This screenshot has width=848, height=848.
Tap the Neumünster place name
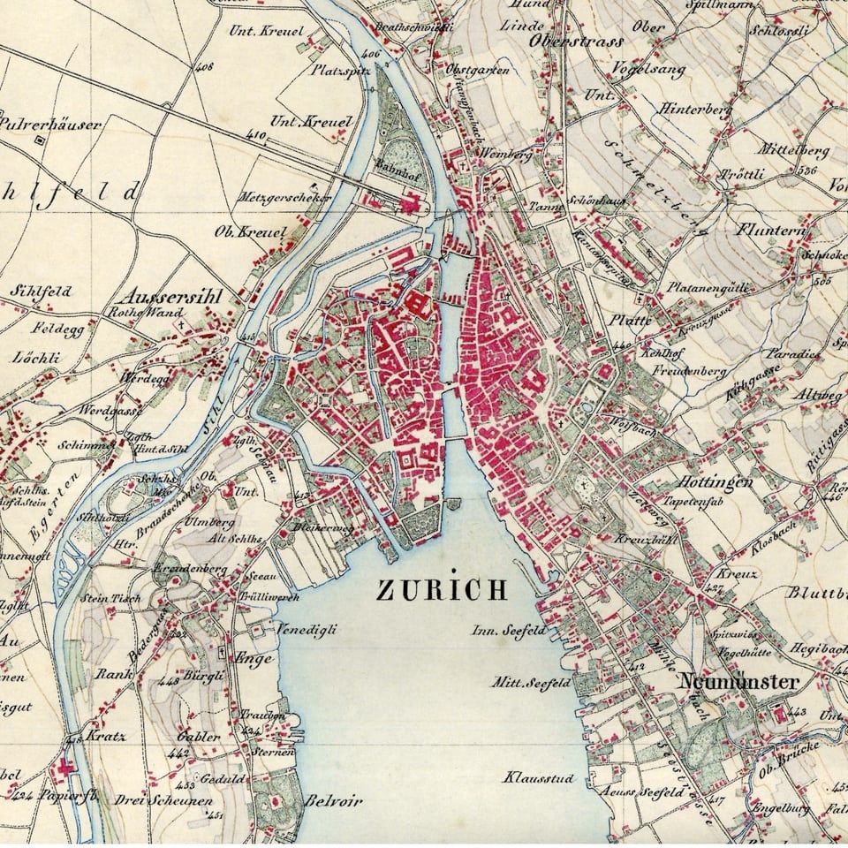pyautogui.click(x=738, y=682)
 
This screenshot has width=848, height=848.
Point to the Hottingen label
pyautogui.click(x=715, y=482)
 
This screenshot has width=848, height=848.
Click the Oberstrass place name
pyautogui.click(x=576, y=41)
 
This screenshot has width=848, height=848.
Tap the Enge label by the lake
pyautogui.click(x=252, y=657)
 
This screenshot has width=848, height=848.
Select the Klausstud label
pyautogui.click(x=539, y=778)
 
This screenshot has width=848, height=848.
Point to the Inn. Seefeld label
pyautogui.click(x=509, y=631)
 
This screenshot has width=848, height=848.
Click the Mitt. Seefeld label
pyautogui.click(x=532, y=682)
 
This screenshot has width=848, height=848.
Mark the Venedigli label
pyautogui.click(x=307, y=630)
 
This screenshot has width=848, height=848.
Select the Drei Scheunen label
pyautogui.click(x=163, y=800)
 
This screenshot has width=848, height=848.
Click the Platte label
pyautogui.click(x=630, y=320)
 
